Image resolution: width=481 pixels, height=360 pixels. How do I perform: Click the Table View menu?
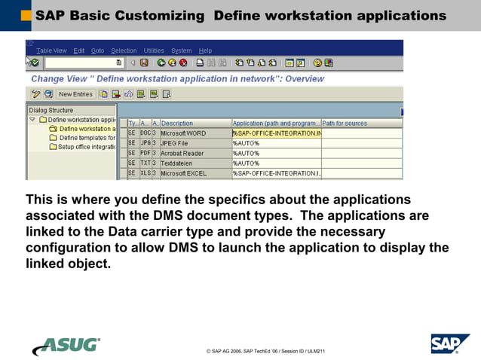click(51, 50)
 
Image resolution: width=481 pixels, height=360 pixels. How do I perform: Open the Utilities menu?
click(154, 50)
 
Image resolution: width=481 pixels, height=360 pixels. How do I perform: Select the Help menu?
click(205, 50)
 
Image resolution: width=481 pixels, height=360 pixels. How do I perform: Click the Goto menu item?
click(98, 50)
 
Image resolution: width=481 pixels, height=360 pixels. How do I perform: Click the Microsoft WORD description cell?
click(183, 133)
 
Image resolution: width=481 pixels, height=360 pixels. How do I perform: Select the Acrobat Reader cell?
click(182, 153)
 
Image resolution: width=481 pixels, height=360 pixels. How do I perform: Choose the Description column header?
click(177, 123)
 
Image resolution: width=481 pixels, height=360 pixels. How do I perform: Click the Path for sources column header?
click(345, 123)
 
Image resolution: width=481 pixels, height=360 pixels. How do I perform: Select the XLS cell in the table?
click(146, 172)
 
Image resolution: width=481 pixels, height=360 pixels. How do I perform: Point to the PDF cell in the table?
click(146, 153)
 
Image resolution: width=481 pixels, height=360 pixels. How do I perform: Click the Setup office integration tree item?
click(87, 147)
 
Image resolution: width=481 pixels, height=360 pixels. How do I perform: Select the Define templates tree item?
click(87, 138)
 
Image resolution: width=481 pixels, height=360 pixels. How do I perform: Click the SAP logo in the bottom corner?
click(450, 343)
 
